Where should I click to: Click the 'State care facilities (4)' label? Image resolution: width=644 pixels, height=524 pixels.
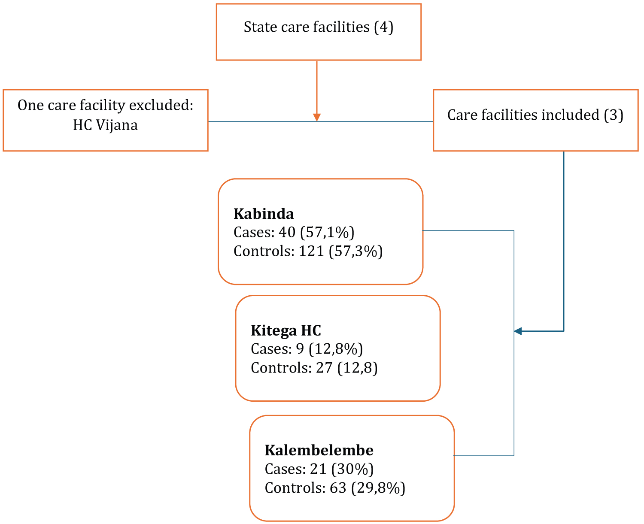pos(318,27)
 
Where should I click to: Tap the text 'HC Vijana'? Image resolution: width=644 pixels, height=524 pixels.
pos(105,125)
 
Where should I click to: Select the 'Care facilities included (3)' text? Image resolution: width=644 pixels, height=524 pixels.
pos(535,115)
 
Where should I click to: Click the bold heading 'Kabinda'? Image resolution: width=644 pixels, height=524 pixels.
pos(264,214)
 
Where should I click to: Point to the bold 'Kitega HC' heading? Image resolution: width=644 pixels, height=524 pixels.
pos(286,330)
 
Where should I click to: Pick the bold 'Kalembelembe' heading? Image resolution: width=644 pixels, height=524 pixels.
pos(319,450)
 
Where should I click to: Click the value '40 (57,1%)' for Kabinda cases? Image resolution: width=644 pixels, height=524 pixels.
pos(316,232)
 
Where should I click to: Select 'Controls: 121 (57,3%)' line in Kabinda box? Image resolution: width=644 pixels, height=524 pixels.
pos(308,251)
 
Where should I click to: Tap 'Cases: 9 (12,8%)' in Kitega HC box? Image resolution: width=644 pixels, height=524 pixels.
pos(307,349)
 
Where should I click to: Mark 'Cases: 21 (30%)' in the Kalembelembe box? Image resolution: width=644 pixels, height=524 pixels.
pos(319,469)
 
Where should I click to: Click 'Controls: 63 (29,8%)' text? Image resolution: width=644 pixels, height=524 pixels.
pos(335,488)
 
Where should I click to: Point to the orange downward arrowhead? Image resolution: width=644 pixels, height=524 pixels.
pos(317,117)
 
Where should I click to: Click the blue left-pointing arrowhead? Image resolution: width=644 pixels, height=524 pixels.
pos(518,331)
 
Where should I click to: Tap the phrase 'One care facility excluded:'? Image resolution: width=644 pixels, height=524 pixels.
pos(105,105)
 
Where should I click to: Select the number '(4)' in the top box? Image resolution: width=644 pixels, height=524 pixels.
pos(383,27)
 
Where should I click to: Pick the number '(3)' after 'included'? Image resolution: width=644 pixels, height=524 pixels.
pos(614,115)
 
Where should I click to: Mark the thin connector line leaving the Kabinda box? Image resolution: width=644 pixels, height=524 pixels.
pos(468,230)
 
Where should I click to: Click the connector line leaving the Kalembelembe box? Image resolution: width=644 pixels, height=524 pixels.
pos(483,455)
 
